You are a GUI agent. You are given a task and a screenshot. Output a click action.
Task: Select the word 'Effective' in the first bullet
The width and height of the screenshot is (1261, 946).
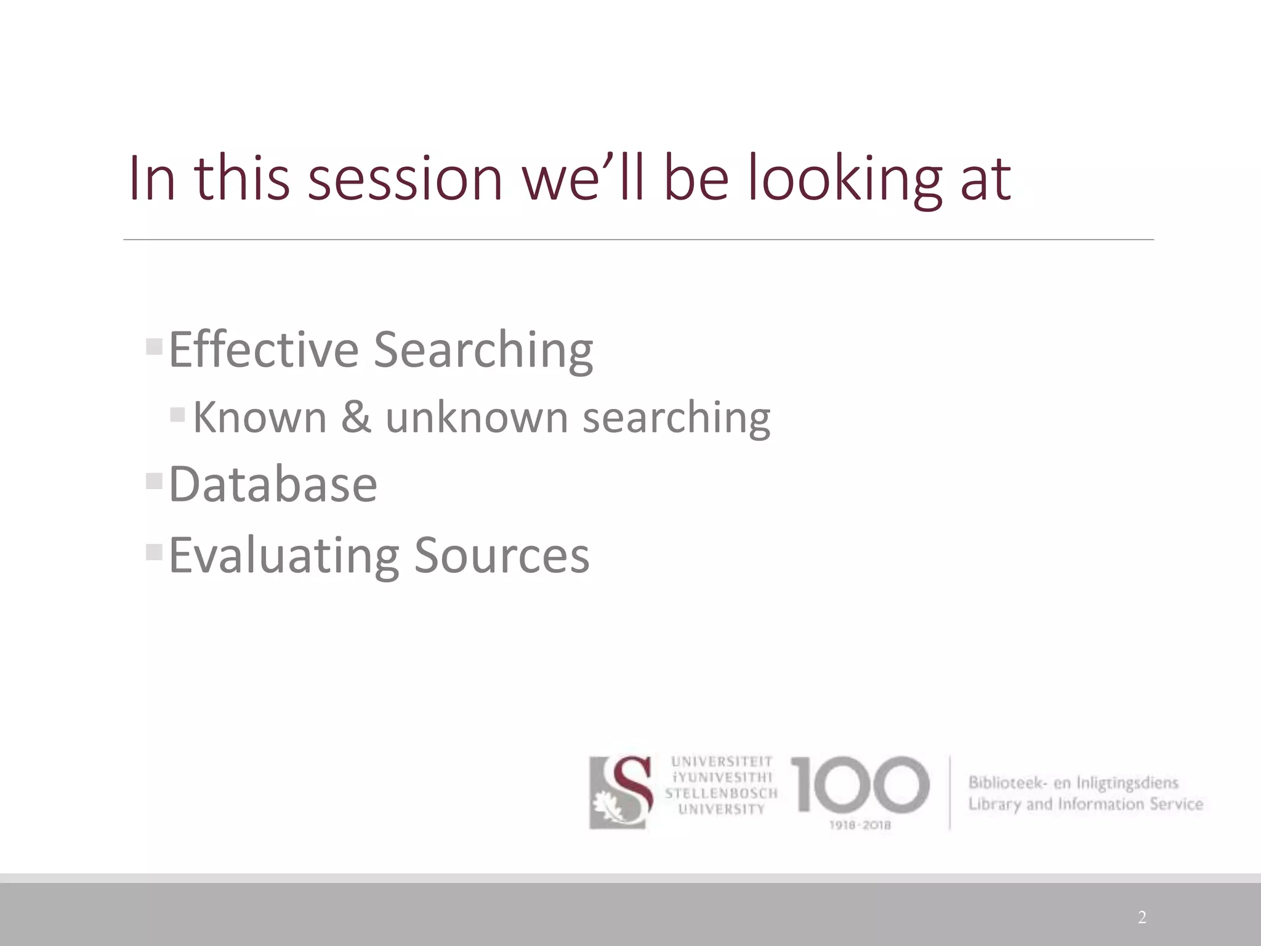coord(264,350)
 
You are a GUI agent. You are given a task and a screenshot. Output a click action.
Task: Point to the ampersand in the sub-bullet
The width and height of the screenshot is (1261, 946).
coord(356,417)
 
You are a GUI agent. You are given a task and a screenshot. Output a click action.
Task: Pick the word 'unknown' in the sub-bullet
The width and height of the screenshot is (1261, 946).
coord(477,417)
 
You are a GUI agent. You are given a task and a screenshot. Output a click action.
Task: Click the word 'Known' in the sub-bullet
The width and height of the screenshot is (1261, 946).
coord(259,417)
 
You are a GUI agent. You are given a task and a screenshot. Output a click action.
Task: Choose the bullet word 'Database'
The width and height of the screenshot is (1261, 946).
coord(273,484)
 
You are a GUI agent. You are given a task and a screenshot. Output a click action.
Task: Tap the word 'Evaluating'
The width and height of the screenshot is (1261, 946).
coord(284,556)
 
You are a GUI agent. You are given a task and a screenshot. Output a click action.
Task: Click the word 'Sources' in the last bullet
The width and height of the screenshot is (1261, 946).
coord(502,556)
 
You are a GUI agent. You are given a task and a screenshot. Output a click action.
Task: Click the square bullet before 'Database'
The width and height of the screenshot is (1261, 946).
coord(153,480)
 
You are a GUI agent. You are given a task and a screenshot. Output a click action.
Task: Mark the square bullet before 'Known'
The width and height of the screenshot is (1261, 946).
coord(177,414)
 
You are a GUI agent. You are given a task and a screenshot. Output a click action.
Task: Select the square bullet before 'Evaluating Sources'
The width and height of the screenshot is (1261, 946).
coord(153,551)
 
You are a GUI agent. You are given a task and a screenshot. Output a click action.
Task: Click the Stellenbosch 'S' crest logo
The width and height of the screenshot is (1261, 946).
coord(621,793)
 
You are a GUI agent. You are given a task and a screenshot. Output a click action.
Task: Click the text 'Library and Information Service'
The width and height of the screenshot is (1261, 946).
coord(1085,804)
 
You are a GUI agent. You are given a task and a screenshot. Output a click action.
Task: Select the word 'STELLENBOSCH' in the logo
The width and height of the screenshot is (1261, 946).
coord(721,793)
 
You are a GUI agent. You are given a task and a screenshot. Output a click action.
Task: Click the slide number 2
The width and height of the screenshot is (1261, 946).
coord(1142,918)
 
